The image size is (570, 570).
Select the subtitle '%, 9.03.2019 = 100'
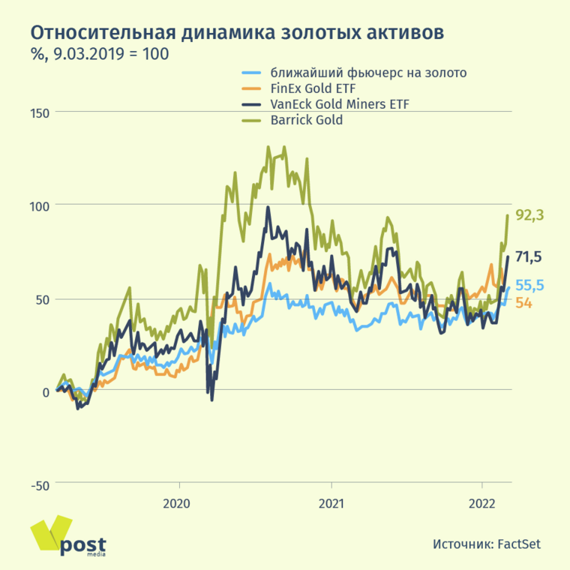pos(99,55)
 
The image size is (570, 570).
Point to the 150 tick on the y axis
pos(39,112)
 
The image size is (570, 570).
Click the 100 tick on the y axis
pos(39,205)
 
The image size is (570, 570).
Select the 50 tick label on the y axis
pos(42,299)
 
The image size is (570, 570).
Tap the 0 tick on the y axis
pos(45,391)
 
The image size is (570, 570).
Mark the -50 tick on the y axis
pos(40,485)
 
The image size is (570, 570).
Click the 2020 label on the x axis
pos(176,503)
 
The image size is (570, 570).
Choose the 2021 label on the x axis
pos(331,503)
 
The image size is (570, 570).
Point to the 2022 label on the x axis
pos(481,503)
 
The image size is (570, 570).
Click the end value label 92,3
pos(529,216)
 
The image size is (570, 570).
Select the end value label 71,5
pos(529,258)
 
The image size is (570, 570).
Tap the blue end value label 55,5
pos(529,286)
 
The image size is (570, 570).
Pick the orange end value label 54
pos(523,303)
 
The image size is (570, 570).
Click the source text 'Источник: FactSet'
pos(486,544)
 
